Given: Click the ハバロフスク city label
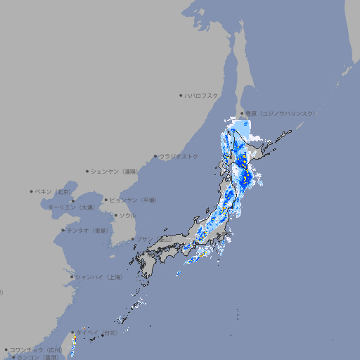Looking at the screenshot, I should coord(201,95).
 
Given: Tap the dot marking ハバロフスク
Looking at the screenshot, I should coord(181,95).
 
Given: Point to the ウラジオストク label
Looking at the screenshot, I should coord(179,156).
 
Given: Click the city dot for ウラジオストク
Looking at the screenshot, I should coord(155,156).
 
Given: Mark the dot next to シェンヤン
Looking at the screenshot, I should coord(88,171).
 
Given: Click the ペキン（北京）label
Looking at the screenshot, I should coord(53,191).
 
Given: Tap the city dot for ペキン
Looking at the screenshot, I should coord(32,191).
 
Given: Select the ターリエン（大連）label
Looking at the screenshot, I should coord(71,207).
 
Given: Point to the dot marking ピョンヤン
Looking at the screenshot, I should coord(107,200).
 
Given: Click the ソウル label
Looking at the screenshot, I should coord(127,215).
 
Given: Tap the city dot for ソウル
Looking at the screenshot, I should coord(115,215).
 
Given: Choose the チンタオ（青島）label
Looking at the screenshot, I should coord(87,231).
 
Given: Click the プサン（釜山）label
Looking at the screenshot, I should coord(154,240).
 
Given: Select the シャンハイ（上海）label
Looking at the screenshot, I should coord(98,277).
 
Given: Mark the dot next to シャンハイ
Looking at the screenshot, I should coord(72,277).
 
